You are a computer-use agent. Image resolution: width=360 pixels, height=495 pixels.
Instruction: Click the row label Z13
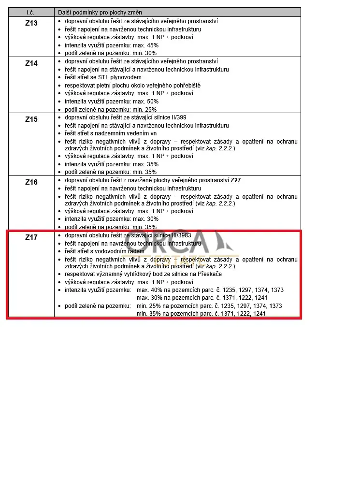pyautogui.click(x=31, y=23)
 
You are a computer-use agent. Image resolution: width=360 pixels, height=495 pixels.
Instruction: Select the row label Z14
pyautogui.click(x=31, y=63)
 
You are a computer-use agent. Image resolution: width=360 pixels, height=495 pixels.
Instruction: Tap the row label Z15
pyautogui.click(x=31, y=119)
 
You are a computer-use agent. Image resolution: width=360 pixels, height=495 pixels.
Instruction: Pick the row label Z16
pyautogui.click(x=31, y=182)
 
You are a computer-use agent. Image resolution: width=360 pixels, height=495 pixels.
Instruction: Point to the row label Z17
pyautogui.click(x=31, y=237)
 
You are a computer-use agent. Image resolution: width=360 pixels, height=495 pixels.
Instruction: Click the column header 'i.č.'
pyautogui.click(x=30, y=12)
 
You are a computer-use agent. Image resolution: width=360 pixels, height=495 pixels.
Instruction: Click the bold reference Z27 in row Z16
pyautogui.click(x=235, y=180)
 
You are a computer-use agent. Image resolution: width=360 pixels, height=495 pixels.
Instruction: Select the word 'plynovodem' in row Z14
pyautogui.click(x=128, y=77)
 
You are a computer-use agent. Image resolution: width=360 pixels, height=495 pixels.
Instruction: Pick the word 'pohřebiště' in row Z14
pyautogui.click(x=173, y=86)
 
